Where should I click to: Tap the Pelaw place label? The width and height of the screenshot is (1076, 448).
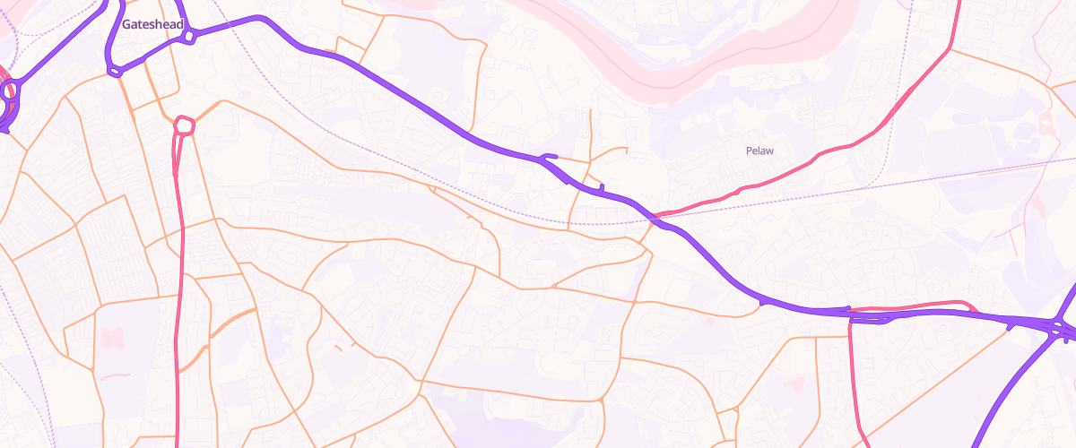(x=759, y=151)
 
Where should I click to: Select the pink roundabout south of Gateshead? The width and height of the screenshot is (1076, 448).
(x=184, y=125)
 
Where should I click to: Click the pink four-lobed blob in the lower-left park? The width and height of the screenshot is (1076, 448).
(x=111, y=339)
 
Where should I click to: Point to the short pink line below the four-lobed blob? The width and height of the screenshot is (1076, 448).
(x=114, y=376)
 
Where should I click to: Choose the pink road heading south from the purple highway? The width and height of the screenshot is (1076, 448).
(x=851, y=376)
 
